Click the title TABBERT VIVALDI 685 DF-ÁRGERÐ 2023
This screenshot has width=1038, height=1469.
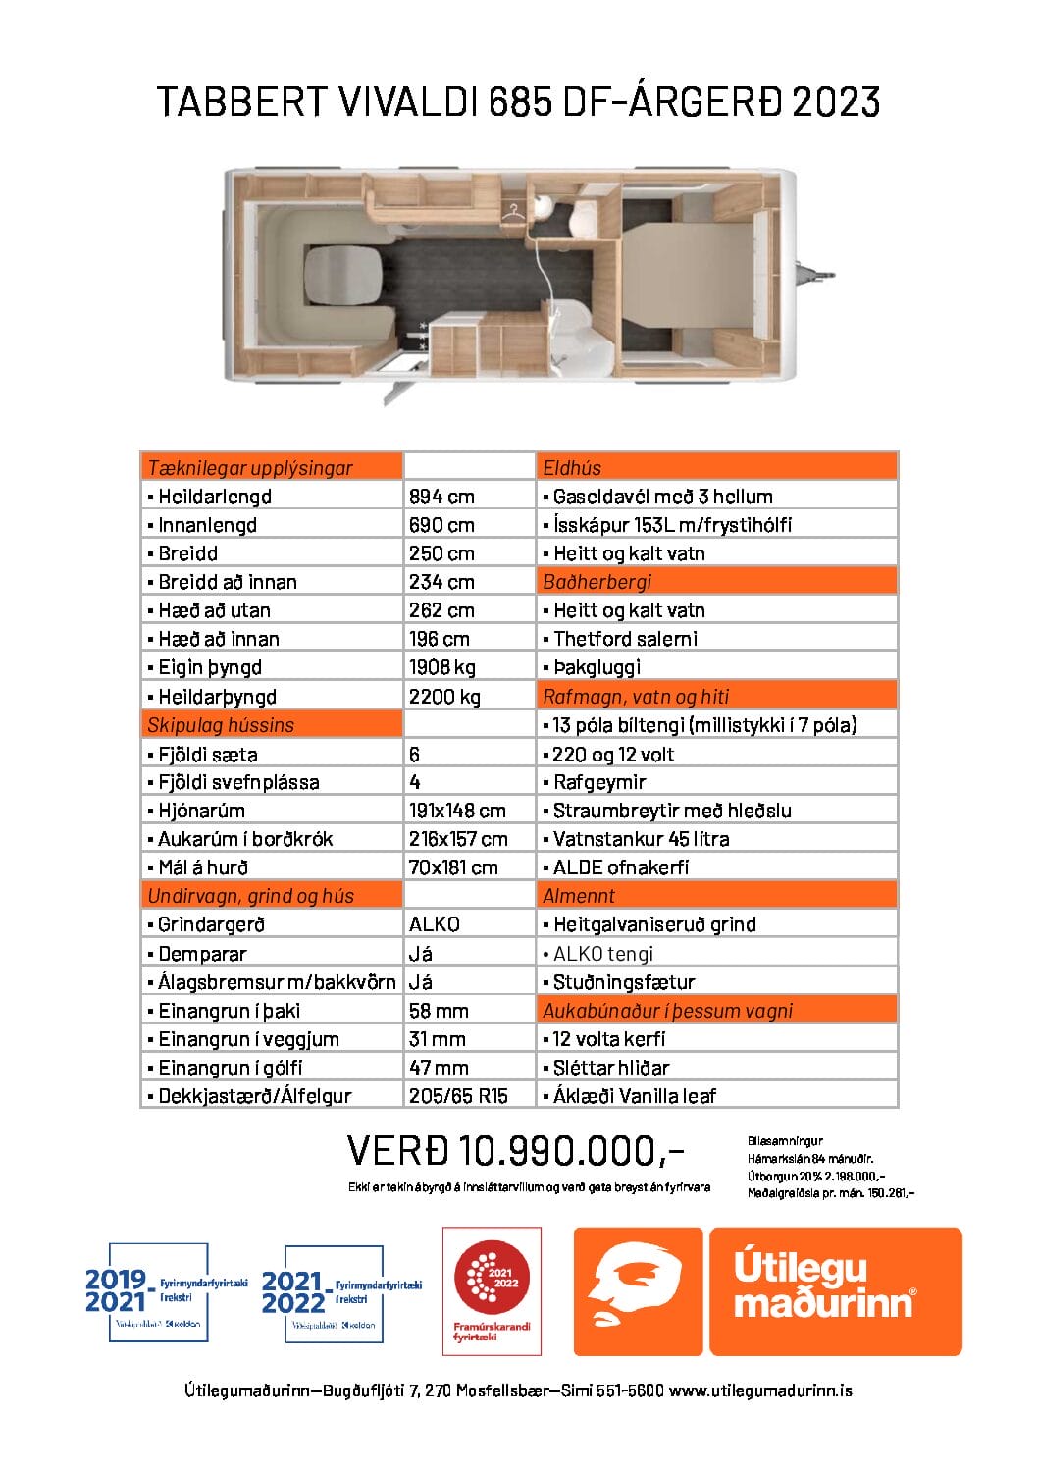click(x=518, y=102)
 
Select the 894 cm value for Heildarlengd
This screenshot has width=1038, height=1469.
click(x=441, y=497)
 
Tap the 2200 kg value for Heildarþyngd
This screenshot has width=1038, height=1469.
click(x=444, y=697)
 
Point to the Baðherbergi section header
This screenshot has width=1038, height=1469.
click(x=597, y=582)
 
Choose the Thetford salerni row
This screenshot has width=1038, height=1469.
click(x=625, y=639)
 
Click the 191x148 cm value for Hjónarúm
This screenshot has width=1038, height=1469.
click(x=457, y=811)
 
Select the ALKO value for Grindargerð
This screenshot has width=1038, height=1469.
click(x=434, y=924)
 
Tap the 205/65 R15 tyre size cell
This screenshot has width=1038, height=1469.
click(x=458, y=1096)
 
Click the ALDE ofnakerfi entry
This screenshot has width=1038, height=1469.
click(x=620, y=867)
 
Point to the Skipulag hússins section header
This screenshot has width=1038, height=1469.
click(x=221, y=725)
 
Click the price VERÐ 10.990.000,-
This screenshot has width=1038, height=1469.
click(x=515, y=1150)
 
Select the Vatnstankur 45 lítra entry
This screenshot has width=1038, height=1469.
click(x=641, y=839)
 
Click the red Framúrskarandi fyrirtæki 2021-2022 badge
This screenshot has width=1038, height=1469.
click(x=492, y=1290)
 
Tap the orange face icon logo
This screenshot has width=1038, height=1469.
click(x=638, y=1291)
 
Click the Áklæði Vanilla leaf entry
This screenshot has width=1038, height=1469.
click(x=634, y=1096)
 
